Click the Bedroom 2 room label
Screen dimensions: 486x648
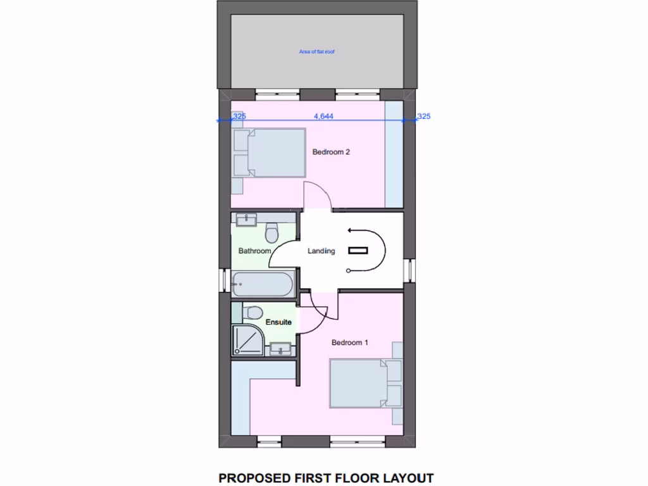pyautogui.click(x=331, y=152)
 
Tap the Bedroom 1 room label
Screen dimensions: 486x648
pyautogui.click(x=350, y=342)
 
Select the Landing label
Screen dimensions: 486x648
pyautogui.click(x=321, y=251)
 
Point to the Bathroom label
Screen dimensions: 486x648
pyautogui.click(x=254, y=251)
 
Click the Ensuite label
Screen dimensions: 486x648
pyautogui.click(x=278, y=323)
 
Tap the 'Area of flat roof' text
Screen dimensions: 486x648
pyautogui.click(x=316, y=51)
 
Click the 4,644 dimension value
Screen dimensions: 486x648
pyautogui.click(x=323, y=116)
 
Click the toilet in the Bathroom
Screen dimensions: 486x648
pyautogui.click(x=273, y=232)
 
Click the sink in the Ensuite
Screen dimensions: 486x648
pyautogui.click(x=280, y=348)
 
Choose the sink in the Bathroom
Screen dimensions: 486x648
pyautogui.click(x=245, y=220)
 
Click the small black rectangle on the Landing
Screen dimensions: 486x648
pyautogui.click(x=358, y=251)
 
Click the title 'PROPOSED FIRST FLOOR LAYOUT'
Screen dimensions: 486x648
pyautogui.click(x=326, y=478)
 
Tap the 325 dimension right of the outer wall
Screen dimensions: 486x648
pyautogui.click(x=424, y=116)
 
